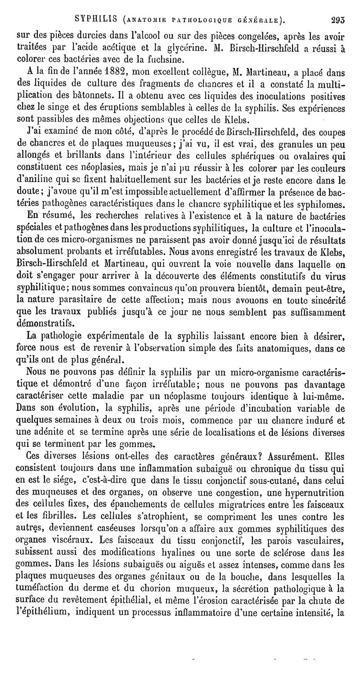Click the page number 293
click(337, 20)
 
